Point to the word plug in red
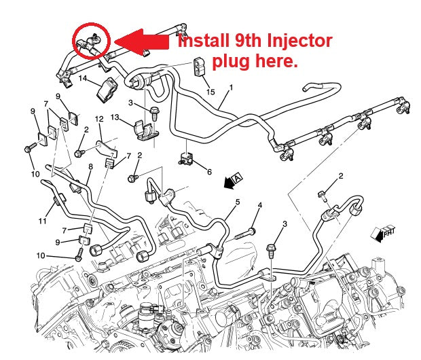[x=228, y=62]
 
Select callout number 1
[x=231, y=88]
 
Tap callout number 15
[x=210, y=92]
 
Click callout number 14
[x=83, y=79]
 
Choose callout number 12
[x=98, y=119]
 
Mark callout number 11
[x=41, y=221]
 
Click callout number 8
[x=90, y=166]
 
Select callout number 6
[x=209, y=171]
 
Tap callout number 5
[x=238, y=202]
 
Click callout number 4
[x=259, y=205]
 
